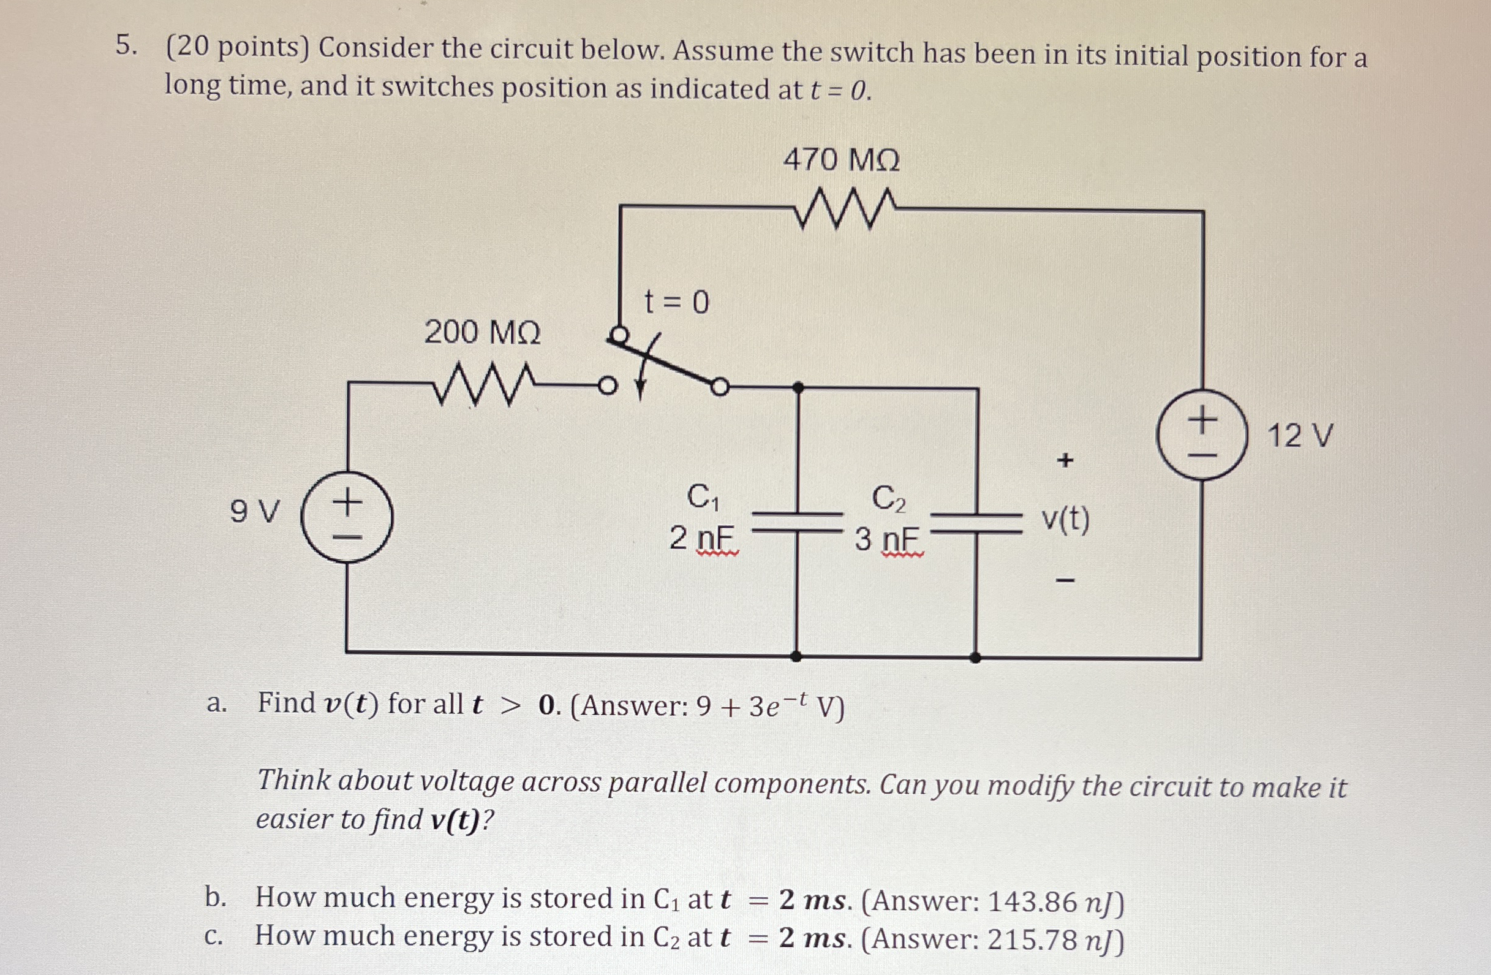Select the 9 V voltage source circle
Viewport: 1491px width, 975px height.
click(x=347, y=517)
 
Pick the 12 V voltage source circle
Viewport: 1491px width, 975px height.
click(x=1201, y=435)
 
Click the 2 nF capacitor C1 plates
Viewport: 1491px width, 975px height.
click(x=797, y=522)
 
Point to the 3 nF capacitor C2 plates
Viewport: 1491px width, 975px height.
click(x=976, y=523)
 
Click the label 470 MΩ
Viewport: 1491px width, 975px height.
click(x=841, y=160)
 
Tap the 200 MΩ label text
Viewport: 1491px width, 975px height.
click(x=482, y=332)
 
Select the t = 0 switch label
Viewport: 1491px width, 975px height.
click(x=677, y=303)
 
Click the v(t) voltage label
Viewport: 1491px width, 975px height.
click(x=1065, y=520)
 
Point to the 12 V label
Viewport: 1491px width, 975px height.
click(x=1300, y=436)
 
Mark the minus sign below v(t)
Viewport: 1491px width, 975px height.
click(x=1065, y=582)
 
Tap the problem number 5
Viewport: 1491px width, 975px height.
click(x=126, y=46)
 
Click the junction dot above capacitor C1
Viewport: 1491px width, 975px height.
click(x=798, y=388)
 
